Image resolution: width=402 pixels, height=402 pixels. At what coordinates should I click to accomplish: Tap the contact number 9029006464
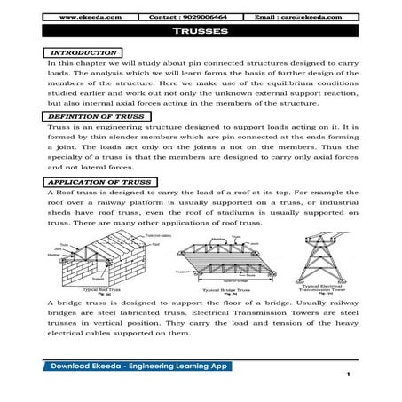[x=200, y=17]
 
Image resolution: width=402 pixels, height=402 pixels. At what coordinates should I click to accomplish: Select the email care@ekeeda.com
[x=315, y=17]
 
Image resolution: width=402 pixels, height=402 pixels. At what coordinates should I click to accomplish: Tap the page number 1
[x=351, y=385]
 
